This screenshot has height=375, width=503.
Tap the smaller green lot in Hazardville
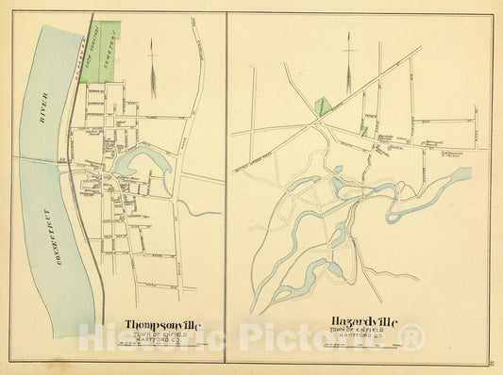click(364, 131)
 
